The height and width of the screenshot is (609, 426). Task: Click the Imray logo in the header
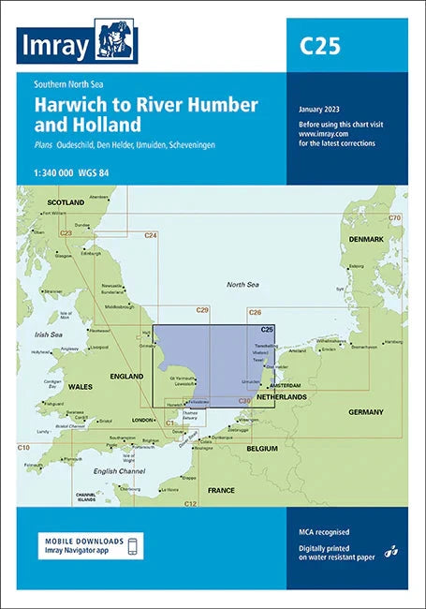tap(78, 43)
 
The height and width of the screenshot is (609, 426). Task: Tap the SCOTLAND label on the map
tap(65, 201)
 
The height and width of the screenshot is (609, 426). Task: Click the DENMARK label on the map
tap(366, 240)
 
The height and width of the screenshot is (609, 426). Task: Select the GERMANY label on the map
tap(366, 412)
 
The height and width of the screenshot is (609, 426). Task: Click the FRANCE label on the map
tap(221, 490)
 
